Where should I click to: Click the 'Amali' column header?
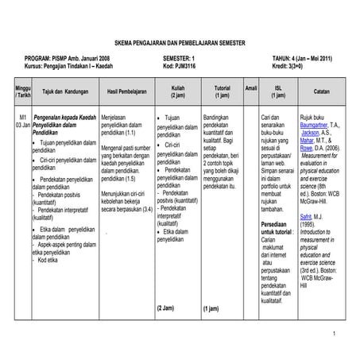coord(250,87)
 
